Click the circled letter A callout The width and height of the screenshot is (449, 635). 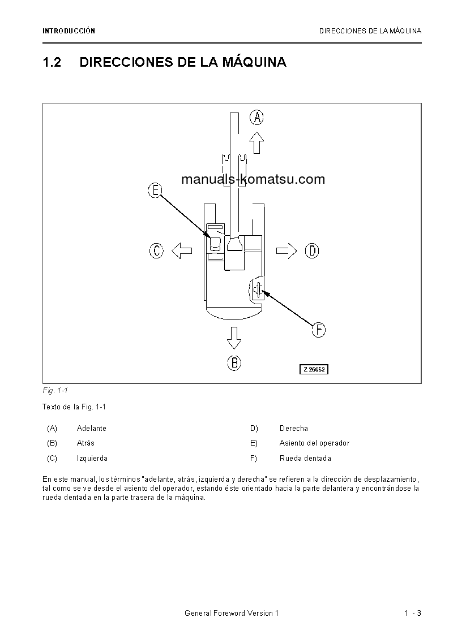pos(257,118)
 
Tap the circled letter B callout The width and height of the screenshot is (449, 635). pos(234,362)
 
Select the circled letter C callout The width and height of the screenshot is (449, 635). pos(157,250)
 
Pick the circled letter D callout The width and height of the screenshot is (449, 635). pos(312,250)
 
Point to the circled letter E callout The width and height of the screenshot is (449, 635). pos(155,190)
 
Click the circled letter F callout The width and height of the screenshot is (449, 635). pos(319,330)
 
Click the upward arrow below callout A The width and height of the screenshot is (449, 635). pos(257,142)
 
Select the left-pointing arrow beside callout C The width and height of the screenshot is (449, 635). pos(182,250)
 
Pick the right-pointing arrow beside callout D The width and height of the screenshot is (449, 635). pos(286,250)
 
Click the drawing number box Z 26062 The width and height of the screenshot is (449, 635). pos(314,369)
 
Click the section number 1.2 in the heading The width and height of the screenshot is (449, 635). pos(52,62)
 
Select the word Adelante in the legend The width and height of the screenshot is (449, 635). pos(92,428)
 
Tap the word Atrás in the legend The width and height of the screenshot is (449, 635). pos(85,443)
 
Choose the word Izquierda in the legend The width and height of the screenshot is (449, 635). pos(92,459)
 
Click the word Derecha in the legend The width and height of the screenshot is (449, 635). pos(294,428)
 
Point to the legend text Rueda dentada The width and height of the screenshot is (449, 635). pos(305,459)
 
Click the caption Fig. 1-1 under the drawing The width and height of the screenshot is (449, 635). pos(55,391)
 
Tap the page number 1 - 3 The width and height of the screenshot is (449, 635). pos(413,614)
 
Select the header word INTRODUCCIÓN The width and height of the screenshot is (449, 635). pos(69,31)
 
